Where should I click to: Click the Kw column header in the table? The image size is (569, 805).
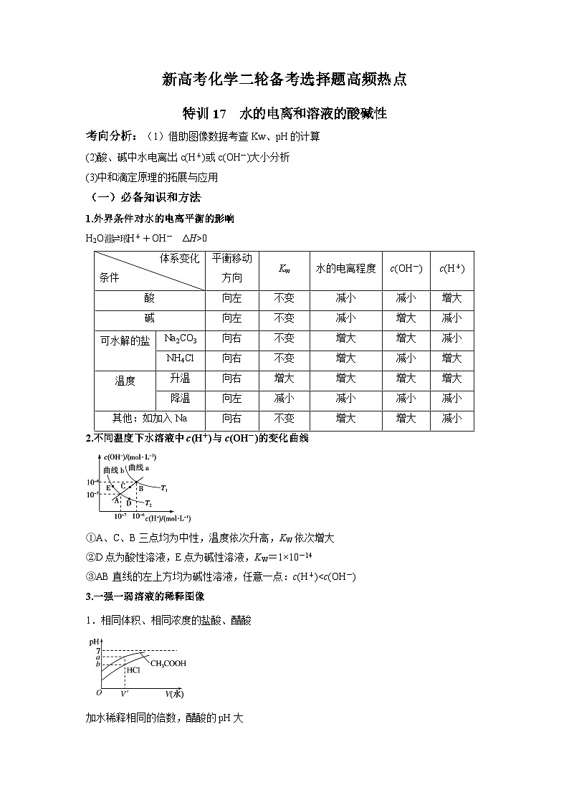click(x=284, y=270)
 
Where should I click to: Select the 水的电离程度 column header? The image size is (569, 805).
click(x=345, y=269)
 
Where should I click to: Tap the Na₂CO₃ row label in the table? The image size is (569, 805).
click(x=180, y=338)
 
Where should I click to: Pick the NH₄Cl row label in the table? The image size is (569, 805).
click(x=180, y=358)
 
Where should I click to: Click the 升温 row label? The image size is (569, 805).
click(x=180, y=378)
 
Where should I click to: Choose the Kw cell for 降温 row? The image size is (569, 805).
click(x=284, y=398)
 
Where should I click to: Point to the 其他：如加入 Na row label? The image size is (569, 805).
click(x=150, y=418)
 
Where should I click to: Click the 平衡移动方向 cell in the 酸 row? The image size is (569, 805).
click(x=231, y=298)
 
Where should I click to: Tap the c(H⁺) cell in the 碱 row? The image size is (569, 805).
click(x=451, y=318)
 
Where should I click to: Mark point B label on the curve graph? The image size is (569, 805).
click(x=141, y=488)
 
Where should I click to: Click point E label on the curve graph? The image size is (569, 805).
click(x=108, y=487)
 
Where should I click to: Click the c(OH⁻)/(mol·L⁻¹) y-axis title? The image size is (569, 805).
click(x=130, y=457)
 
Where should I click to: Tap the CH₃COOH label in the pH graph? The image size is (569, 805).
click(x=168, y=664)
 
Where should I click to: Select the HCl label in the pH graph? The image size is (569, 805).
click(x=133, y=672)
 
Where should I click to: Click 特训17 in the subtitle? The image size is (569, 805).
click(x=205, y=113)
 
